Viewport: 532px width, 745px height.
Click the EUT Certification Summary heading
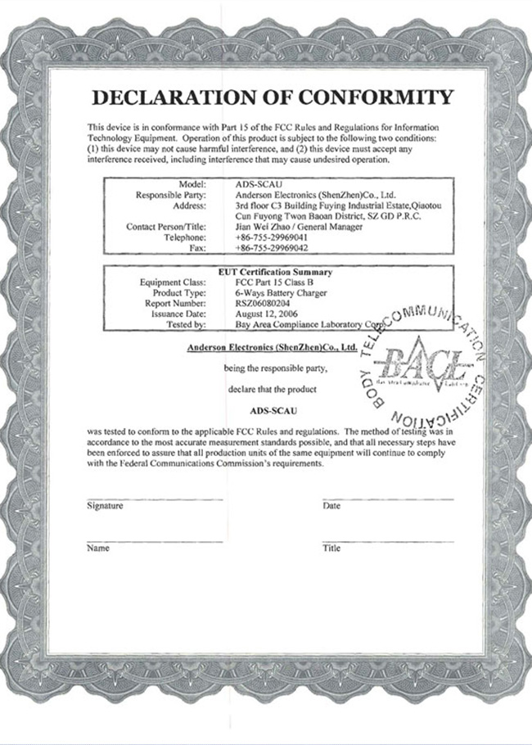(x=275, y=271)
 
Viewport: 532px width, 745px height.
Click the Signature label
(x=105, y=506)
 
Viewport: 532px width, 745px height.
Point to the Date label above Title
(x=331, y=506)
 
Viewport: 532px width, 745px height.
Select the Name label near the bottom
(x=98, y=548)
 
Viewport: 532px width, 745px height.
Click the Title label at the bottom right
(x=331, y=548)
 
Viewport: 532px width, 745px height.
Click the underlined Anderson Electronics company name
(x=269, y=347)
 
